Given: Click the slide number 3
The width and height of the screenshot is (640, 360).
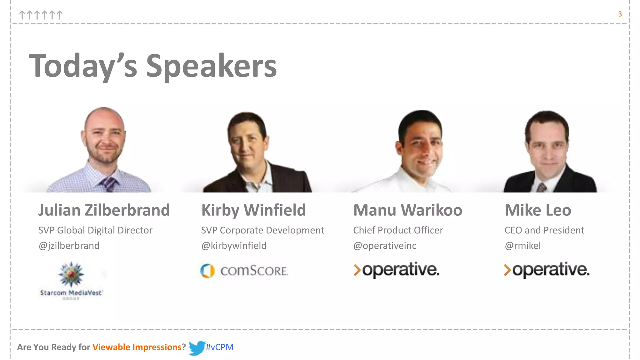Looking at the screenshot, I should (620, 14).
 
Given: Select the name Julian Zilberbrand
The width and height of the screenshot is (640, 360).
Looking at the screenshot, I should (104, 210).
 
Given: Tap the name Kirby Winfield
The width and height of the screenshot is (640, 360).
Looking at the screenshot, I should (253, 210).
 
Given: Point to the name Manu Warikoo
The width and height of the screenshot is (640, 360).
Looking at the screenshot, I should (407, 210).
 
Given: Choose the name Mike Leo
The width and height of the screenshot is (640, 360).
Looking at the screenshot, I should (538, 210).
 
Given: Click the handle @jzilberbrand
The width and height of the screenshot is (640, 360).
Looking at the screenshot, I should (69, 246).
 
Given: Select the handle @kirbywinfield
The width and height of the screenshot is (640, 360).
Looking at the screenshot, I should (234, 246).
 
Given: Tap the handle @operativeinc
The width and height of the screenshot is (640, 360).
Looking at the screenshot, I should (385, 246).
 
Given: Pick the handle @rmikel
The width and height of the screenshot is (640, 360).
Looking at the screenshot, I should (522, 246).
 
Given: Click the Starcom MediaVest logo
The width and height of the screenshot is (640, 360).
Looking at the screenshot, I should (71, 280).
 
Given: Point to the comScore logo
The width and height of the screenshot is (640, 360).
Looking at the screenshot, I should (244, 271).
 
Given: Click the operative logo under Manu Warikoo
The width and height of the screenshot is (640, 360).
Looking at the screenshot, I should (396, 270).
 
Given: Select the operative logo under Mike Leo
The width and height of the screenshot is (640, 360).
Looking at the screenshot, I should (547, 270).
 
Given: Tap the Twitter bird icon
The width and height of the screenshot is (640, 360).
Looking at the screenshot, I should (197, 347).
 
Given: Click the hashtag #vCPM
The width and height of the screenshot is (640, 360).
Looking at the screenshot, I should (220, 347).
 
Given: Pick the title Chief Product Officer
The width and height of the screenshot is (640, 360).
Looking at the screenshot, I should (398, 230).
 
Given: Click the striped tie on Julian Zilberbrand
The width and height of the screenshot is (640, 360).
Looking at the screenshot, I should (108, 184).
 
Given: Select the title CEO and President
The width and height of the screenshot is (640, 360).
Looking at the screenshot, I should (544, 230).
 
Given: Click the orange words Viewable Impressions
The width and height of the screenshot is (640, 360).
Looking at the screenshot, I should (137, 347).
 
